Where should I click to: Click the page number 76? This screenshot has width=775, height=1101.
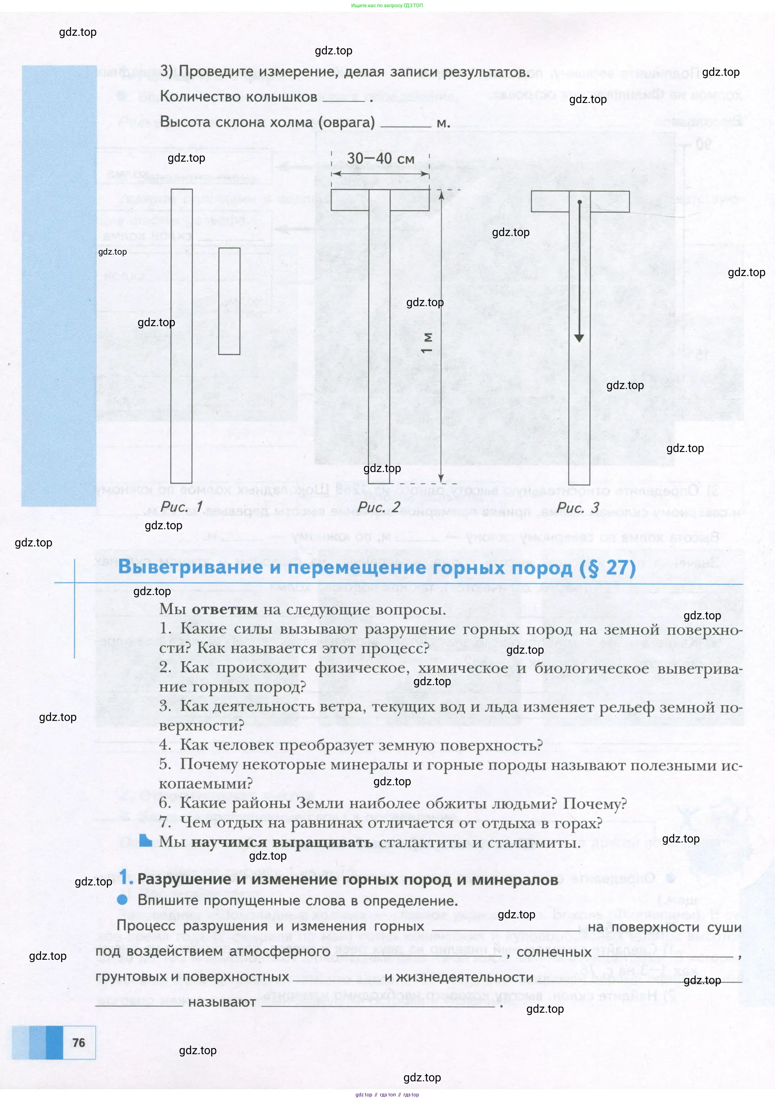tap(78, 1042)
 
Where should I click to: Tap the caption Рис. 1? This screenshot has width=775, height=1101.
tap(182, 506)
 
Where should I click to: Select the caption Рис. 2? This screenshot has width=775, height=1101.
tap(379, 507)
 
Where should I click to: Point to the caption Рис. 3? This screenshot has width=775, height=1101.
tap(577, 507)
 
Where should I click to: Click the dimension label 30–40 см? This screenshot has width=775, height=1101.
tap(381, 158)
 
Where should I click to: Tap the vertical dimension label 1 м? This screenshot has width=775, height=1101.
tap(427, 343)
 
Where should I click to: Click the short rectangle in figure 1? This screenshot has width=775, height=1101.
tap(229, 301)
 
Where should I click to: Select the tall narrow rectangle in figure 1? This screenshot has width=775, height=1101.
tap(181, 336)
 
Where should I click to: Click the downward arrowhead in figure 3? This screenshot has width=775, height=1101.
tap(579, 338)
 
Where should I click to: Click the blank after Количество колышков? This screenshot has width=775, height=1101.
tap(343, 98)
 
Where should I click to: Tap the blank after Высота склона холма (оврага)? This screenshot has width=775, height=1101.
tap(406, 124)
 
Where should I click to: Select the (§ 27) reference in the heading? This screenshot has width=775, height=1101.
tap(607, 568)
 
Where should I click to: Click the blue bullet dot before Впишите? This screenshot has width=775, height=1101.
tap(123, 900)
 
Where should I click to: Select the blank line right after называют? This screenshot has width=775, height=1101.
tap(379, 1003)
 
